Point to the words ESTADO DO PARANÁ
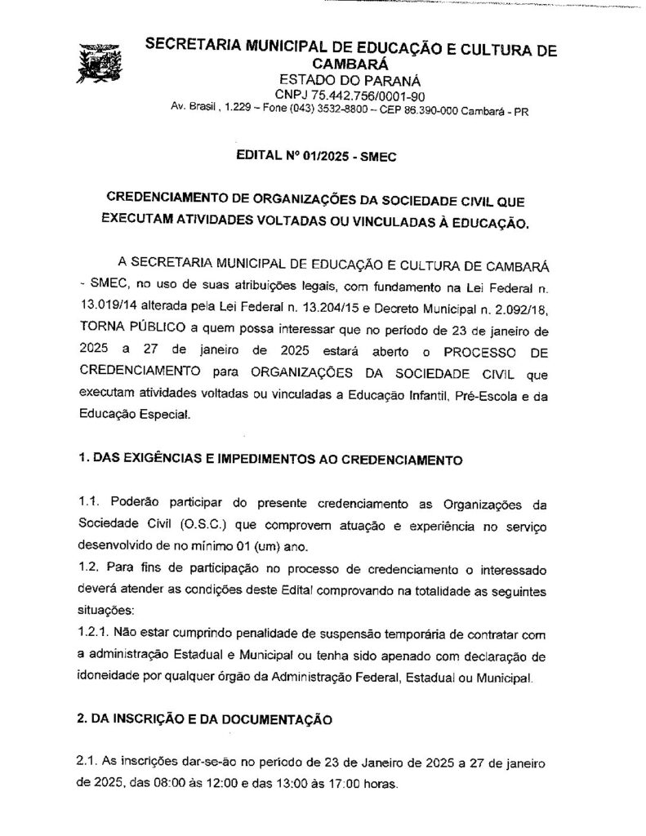pyautogui.click(x=350, y=80)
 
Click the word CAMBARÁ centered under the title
pyautogui.click(x=350, y=64)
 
